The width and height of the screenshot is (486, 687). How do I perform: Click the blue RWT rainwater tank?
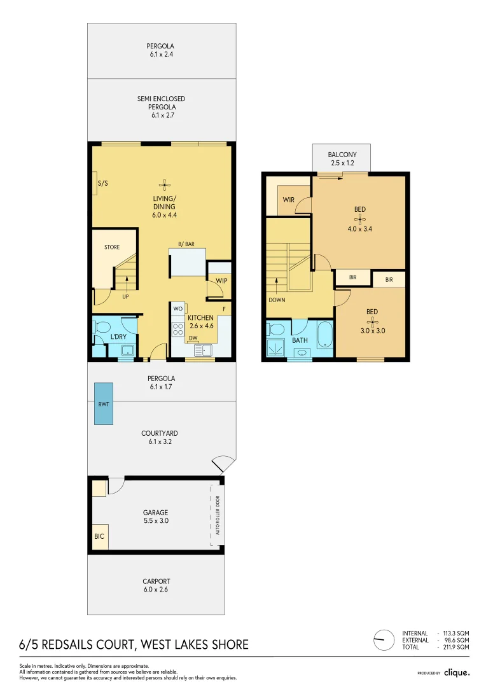103,403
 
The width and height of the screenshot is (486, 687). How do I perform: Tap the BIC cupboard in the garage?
99,537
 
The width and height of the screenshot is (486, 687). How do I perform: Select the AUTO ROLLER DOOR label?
217,515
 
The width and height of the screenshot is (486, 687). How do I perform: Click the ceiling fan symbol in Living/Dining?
163,185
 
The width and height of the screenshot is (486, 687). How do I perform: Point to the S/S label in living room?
102,184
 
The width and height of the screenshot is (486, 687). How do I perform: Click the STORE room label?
112,247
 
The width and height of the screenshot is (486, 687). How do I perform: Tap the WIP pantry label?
221,281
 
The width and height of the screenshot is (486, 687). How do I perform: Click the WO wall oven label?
177,310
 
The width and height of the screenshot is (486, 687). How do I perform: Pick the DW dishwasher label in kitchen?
193,338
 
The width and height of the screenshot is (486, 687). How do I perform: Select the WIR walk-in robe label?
288,200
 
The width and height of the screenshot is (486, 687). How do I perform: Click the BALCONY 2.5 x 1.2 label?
342,159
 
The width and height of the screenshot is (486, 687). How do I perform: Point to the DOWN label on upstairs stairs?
277,300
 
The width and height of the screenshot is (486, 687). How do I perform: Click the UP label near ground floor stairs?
126,296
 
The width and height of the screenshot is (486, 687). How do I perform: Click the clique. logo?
456,672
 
